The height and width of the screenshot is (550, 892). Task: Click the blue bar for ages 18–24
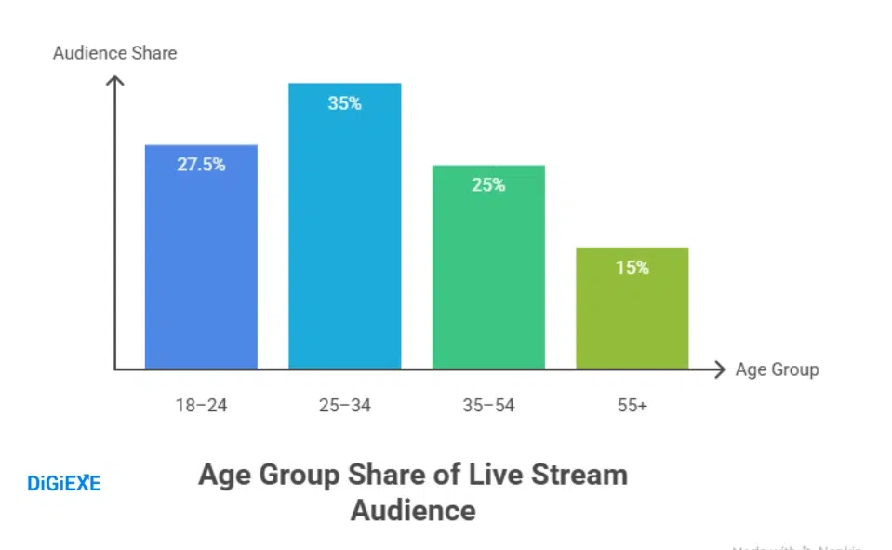point(201,270)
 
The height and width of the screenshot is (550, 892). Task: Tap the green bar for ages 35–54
point(488,279)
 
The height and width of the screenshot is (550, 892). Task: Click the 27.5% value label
point(201,165)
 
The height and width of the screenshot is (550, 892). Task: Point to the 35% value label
point(344,103)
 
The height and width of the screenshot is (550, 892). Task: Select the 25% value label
point(488,185)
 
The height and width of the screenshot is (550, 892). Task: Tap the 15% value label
point(632,267)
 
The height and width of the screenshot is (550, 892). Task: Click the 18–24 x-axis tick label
point(201,406)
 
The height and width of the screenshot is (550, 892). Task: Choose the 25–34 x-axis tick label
point(344,406)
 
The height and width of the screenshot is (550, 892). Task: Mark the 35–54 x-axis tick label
point(488,406)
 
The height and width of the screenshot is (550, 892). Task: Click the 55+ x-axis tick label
point(632,406)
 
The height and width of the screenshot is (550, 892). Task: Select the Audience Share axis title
point(114,52)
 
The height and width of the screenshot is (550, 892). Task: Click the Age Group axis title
point(777,369)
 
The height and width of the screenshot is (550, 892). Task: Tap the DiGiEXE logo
point(64,483)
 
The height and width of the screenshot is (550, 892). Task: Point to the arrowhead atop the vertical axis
point(114,81)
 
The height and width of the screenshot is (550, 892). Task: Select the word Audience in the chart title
point(413,510)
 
